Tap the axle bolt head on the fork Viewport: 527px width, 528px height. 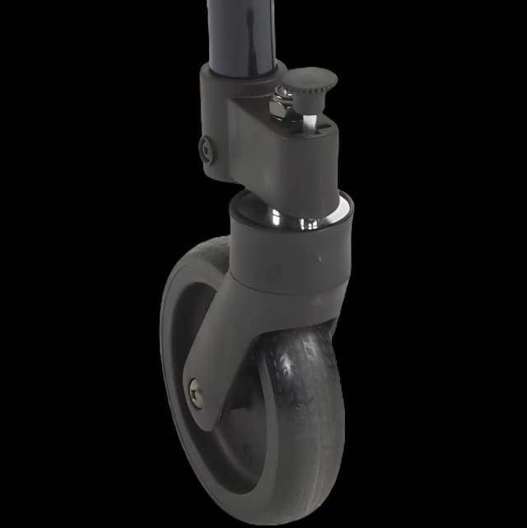195,390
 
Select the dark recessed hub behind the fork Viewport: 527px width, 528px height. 235,412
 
